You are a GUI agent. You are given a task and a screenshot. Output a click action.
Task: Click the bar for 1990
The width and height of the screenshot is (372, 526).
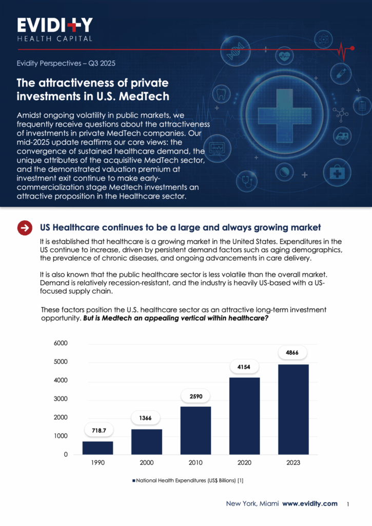[97, 447]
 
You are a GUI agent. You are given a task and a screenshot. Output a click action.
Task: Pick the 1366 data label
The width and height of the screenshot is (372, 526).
[146, 418]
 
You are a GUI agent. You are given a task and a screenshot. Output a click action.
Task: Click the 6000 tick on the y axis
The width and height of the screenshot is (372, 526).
[60, 343]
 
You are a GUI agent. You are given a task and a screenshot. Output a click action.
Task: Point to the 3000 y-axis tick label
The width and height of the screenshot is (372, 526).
[60, 399]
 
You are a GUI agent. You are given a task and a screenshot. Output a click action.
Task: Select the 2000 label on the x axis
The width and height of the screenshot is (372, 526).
[146, 463]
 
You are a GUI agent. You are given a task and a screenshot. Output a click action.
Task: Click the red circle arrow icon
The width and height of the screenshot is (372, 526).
[25, 228]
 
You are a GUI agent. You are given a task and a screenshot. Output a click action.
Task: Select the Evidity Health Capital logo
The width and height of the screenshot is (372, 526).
[55, 29]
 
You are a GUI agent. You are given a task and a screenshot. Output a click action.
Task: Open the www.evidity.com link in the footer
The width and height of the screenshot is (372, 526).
[310, 503]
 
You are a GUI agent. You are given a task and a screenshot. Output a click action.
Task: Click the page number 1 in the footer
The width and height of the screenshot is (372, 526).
[348, 504]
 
